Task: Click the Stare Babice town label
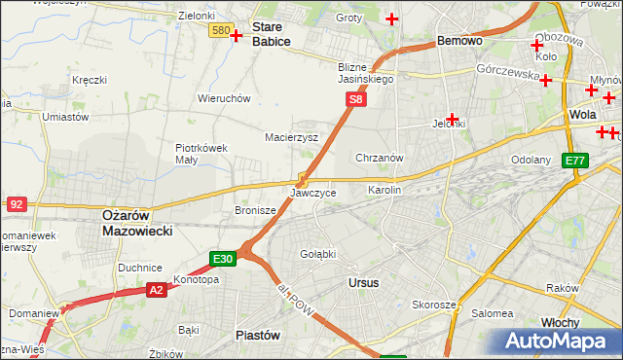click(272, 34)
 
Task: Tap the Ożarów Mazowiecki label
click(137, 223)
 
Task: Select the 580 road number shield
click(220, 31)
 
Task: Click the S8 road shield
click(357, 99)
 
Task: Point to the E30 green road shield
click(223, 259)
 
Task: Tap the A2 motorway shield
click(157, 289)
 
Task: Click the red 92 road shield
click(16, 204)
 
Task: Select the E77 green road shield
click(575, 161)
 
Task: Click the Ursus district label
click(363, 282)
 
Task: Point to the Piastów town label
click(258, 334)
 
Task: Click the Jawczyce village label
click(313, 193)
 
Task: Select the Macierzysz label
click(292, 137)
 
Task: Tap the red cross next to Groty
click(392, 18)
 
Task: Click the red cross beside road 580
click(237, 35)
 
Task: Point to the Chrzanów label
click(380, 158)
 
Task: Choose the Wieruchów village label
click(224, 98)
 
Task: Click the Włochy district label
click(587, 322)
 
